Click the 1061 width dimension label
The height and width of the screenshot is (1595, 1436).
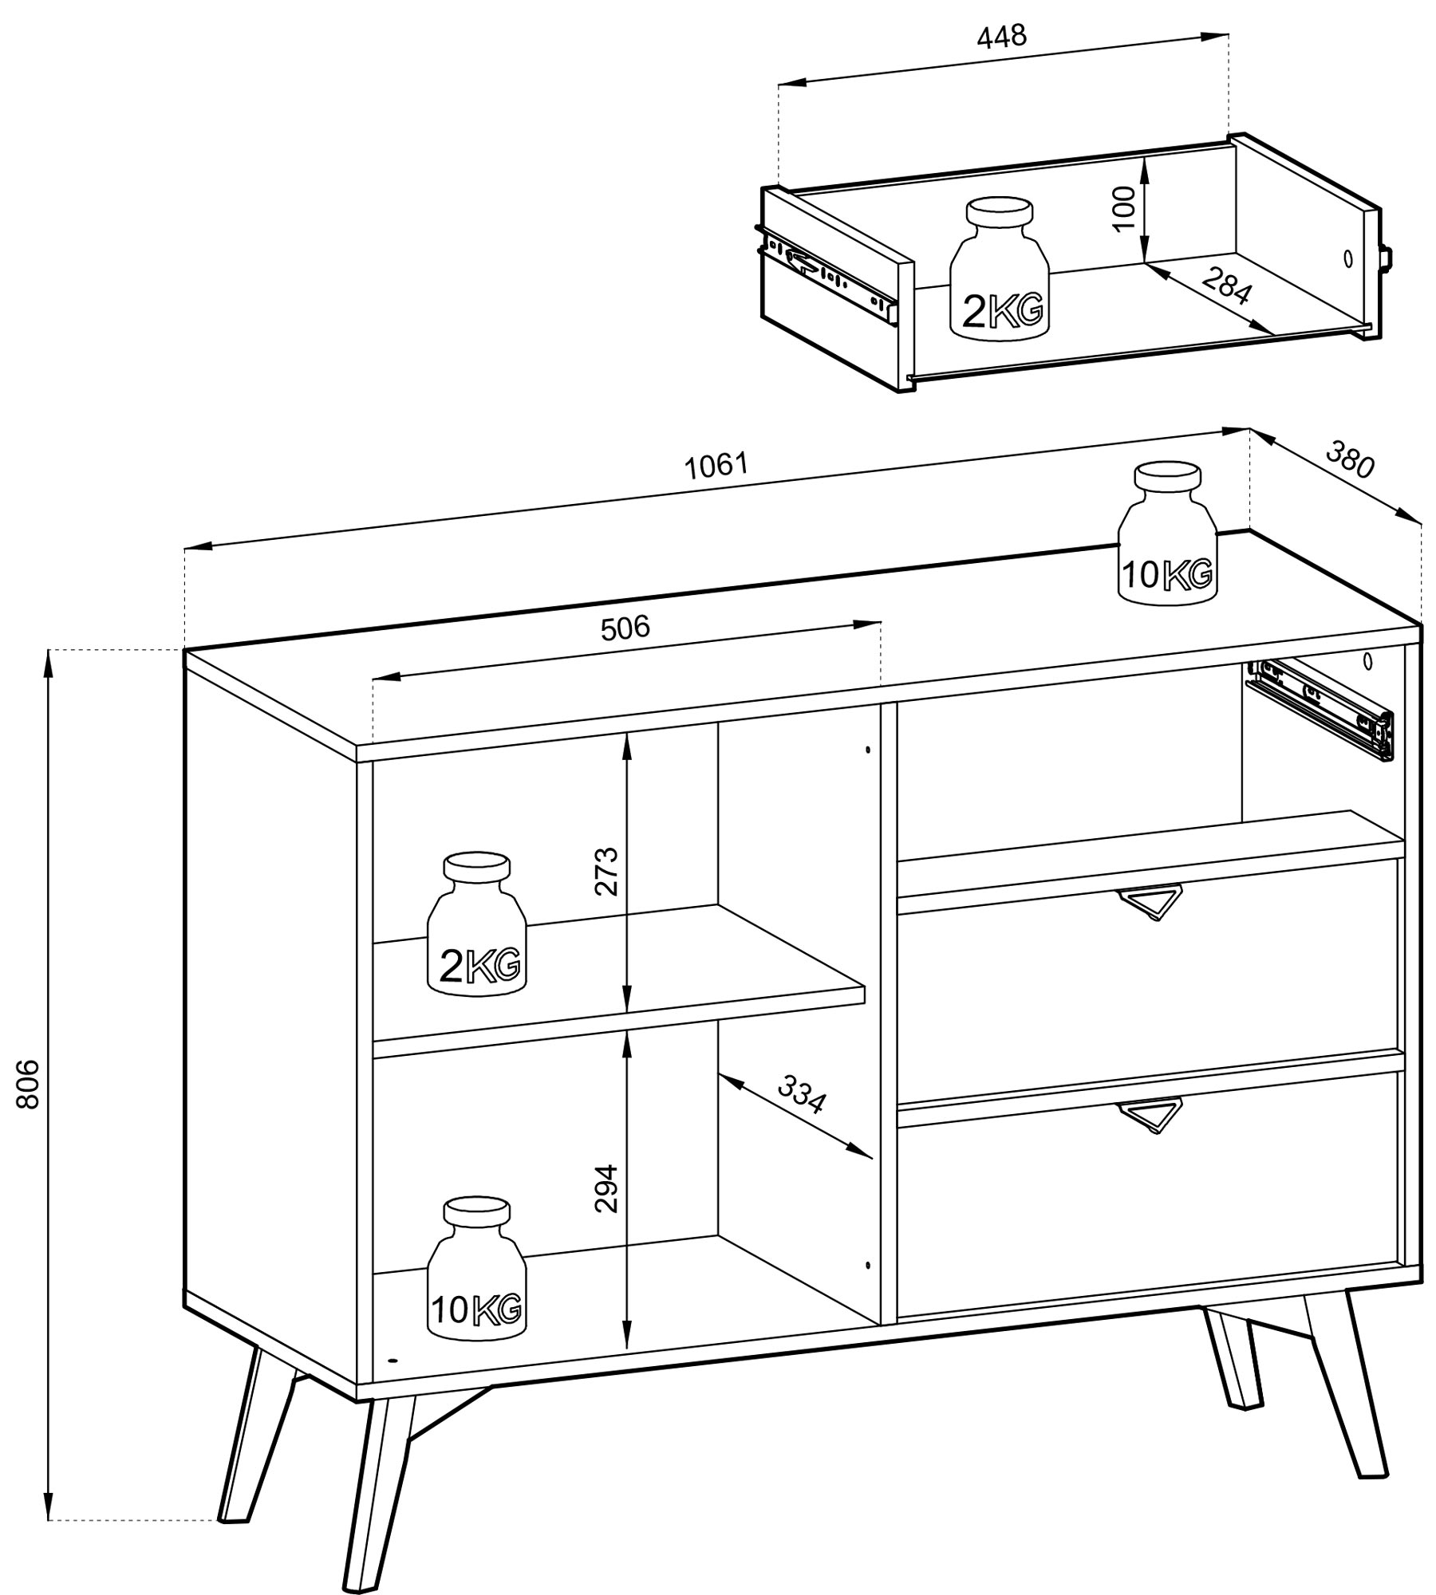point(716,465)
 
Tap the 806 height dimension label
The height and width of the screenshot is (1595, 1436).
point(27,1084)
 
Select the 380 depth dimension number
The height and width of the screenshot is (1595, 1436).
point(1351,460)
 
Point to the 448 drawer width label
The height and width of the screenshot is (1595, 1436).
point(1001,36)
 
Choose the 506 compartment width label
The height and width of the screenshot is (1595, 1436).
point(625,628)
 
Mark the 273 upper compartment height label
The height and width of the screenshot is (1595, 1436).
point(606,871)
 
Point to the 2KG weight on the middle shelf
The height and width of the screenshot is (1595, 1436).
point(477,924)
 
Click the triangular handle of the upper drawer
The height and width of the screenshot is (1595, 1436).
point(1148,904)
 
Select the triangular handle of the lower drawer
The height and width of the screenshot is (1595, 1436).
point(1148,1116)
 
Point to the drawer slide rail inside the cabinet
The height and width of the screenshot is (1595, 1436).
point(1320,707)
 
